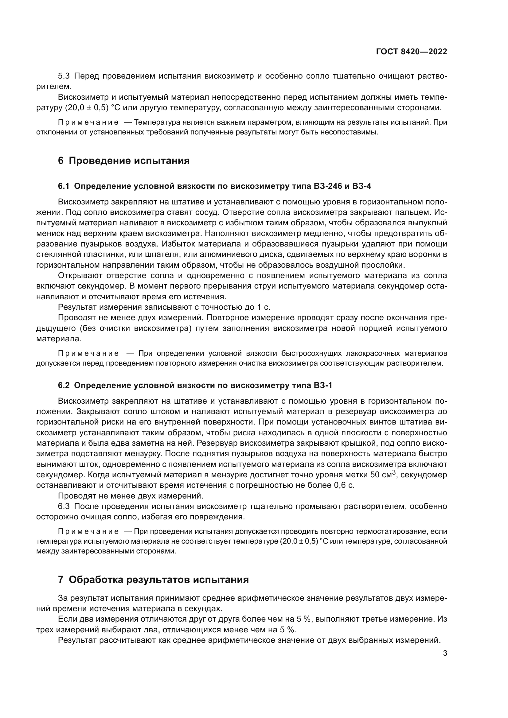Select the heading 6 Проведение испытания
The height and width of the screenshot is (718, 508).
click(124, 161)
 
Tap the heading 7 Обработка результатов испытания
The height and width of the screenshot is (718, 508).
click(153, 580)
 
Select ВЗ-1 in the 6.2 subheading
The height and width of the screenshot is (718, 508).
click(322, 386)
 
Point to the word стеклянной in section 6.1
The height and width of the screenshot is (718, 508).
click(56, 254)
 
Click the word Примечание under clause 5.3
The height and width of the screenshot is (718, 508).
click(88, 122)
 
